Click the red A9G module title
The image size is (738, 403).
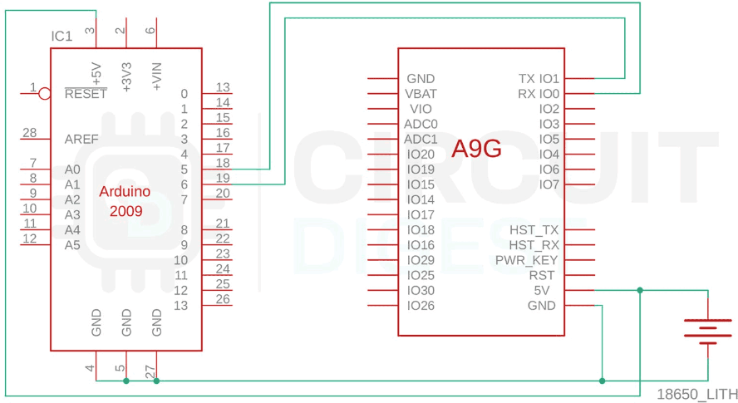coord(476,149)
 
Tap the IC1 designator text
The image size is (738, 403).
coord(61,37)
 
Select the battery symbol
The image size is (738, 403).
coord(708,332)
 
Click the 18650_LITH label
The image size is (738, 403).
coord(697,394)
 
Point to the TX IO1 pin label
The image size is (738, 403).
coord(539,79)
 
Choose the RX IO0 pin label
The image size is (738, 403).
coord(539,94)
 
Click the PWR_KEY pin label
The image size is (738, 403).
coord(526,260)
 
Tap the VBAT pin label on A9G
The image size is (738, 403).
coord(421,94)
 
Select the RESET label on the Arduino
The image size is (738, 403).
coord(86,94)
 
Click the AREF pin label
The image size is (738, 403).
coord(81,139)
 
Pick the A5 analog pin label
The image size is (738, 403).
coord(72,245)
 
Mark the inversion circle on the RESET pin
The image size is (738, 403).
coord(45,94)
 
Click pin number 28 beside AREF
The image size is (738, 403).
coord(29,133)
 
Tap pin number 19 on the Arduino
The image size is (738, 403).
coord(223,178)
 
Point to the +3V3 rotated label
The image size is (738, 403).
coord(126,76)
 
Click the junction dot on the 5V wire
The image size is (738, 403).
coord(640,291)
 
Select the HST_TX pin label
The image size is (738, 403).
coord(534,229)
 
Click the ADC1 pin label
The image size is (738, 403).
coord(421,139)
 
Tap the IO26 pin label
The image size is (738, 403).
coord(421,306)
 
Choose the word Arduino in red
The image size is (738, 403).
coord(125,191)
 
